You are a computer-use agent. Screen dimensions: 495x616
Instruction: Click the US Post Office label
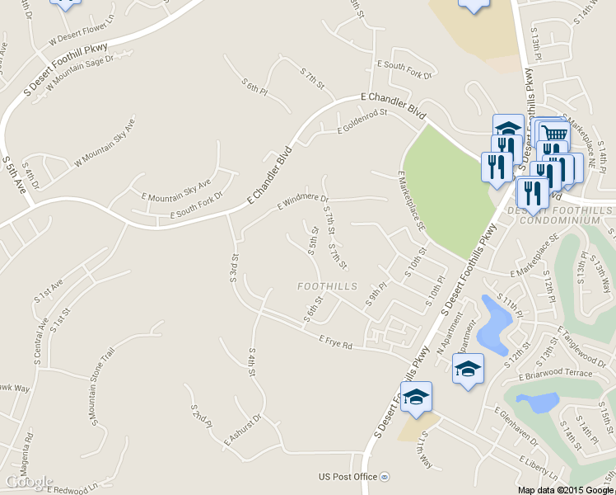point(348,477)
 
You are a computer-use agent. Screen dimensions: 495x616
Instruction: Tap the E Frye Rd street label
point(335,341)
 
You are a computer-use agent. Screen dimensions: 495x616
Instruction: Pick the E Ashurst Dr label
point(242,431)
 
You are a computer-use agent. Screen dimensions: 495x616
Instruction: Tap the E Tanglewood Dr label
point(582,345)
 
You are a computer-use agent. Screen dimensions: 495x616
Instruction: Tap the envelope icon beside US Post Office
point(385,477)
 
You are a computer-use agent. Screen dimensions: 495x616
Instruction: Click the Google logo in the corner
point(29,482)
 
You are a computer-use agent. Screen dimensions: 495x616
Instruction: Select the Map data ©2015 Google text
point(564,489)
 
